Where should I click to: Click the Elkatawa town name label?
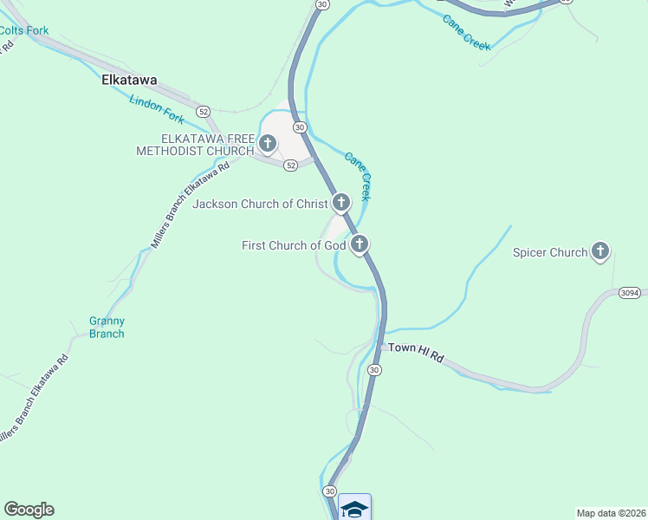pos(129,80)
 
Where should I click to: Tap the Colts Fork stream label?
pos(23,30)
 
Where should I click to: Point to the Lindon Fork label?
pos(158,113)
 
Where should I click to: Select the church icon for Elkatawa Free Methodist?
pos(268,143)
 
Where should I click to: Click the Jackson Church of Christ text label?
pos(260,205)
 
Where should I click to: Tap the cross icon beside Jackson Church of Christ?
pos(340,204)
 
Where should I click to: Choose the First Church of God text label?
pos(294,246)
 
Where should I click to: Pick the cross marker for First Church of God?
pos(359,245)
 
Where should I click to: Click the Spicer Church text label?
pos(550,253)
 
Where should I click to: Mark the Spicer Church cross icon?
pos(600,252)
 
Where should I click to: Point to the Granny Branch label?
pos(107,328)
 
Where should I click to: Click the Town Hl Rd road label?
pos(416,352)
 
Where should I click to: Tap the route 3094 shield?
pos(630,294)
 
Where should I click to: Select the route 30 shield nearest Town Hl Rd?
pos(374,370)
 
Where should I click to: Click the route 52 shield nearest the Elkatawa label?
pos(204,112)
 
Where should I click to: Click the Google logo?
pos(29,510)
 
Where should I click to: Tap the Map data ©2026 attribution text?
pos(611,512)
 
